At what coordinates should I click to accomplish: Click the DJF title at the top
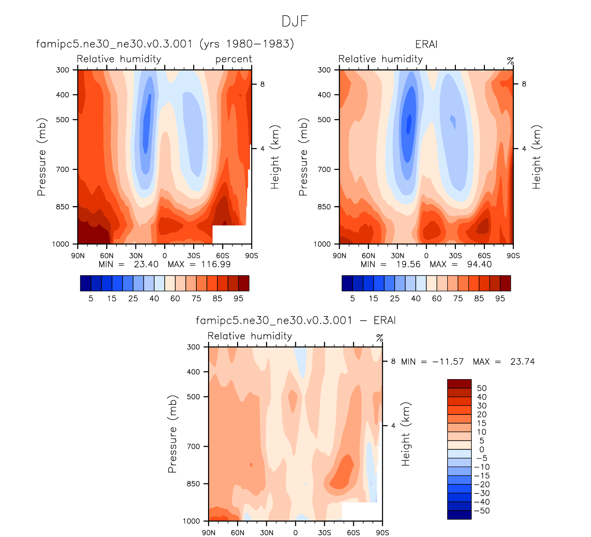coord(295,21)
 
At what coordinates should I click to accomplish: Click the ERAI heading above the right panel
coord(426,45)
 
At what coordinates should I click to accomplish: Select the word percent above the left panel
coord(234,59)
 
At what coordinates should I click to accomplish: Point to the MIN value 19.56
coord(408,264)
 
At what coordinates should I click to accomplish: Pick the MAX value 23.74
coord(522,362)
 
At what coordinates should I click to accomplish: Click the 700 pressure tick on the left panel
coord(63,170)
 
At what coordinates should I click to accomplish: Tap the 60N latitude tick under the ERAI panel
coord(368,256)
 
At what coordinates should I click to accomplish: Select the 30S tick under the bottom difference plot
coord(325,533)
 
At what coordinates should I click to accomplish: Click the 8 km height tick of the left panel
coord(262,84)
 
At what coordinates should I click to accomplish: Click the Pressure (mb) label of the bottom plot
coord(172,434)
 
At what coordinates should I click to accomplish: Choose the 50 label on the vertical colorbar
coord(481,388)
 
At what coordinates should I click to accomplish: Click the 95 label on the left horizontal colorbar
coord(238,299)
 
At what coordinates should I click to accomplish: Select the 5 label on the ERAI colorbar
coord(353,299)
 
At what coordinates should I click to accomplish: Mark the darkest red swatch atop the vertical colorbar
coord(459,384)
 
